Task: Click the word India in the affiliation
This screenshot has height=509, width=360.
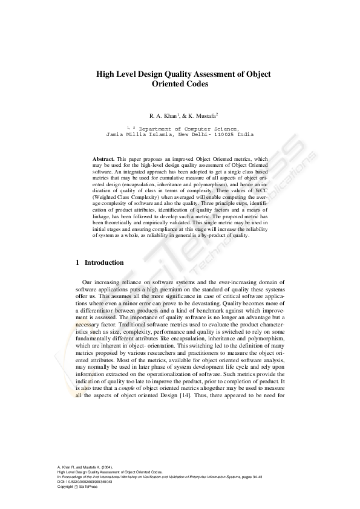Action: click(245, 135)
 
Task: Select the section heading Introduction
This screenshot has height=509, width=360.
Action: click(104, 263)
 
